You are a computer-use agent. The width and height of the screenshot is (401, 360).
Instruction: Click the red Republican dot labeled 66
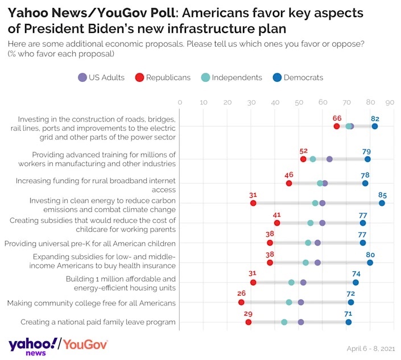(x=337, y=126)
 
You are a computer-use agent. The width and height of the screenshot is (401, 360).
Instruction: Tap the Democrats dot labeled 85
(x=382, y=203)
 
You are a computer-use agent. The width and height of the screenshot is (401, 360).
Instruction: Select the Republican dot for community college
(x=241, y=303)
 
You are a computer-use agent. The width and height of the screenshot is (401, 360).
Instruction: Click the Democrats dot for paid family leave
(x=349, y=322)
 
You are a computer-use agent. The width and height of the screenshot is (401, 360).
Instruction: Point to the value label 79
(x=367, y=151)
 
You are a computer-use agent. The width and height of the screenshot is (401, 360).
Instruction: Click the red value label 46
(x=289, y=175)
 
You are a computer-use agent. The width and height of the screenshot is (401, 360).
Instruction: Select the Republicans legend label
(x=168, y=77)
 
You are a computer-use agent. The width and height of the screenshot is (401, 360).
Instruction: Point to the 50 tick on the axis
(x=299, y=102)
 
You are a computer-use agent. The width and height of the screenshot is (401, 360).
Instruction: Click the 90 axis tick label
(x=390, y=102)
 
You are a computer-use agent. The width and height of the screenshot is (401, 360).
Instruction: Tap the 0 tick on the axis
(x=180, y=102)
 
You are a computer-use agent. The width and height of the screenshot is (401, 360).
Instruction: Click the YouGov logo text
(x=85, y=344)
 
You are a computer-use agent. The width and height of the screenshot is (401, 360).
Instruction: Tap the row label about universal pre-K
(x=90, y=243)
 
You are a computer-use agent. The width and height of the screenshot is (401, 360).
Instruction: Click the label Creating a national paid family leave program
(x=98, y=322)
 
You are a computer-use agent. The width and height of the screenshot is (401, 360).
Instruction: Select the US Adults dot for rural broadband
(x=324, y=183)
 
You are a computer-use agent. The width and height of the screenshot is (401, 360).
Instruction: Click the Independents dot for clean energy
(x=315, y=203)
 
